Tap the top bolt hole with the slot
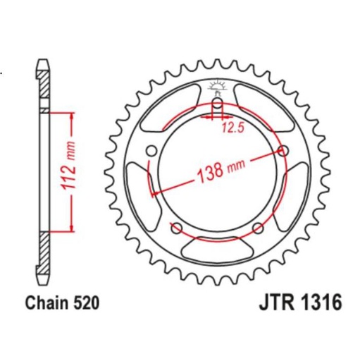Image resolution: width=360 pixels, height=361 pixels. click(x=217, y=106)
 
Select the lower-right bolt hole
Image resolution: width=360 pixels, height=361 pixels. click(x=258, y=227)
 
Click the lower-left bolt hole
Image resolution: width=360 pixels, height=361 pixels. click(x=176, y=227)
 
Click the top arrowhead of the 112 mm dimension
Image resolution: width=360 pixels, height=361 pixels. click(x=70, y=116)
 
